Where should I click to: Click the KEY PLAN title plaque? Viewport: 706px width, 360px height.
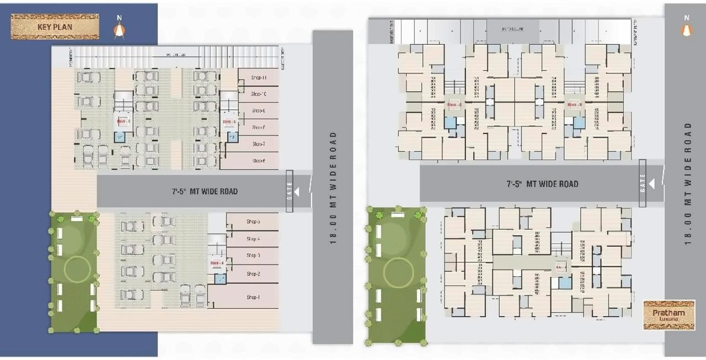55,26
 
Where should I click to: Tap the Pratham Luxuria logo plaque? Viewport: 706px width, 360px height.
668,315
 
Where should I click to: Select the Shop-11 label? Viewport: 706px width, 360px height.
259,78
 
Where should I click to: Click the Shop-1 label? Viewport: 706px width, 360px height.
253,297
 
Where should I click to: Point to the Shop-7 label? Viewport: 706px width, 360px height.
259,144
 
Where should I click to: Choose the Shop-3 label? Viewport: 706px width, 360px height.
253,255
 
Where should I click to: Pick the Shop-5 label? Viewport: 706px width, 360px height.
253,222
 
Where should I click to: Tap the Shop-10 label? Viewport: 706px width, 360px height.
259,94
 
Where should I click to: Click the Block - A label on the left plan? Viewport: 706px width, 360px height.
217,263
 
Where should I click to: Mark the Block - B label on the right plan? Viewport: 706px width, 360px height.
574,104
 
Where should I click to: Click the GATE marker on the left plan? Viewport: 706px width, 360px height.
290,191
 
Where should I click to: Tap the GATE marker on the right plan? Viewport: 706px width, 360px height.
643,183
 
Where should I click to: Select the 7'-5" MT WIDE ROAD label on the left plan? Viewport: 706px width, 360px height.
204,191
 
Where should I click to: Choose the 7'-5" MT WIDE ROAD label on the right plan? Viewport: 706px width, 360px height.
542,184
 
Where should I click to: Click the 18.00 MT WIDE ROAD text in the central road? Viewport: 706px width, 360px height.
333,187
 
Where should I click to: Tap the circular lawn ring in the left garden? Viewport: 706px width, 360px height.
77,270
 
